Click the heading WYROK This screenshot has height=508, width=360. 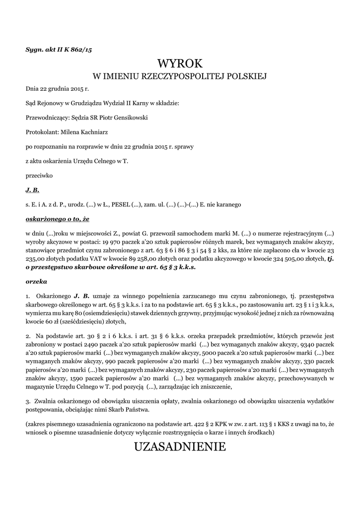coord(180,63)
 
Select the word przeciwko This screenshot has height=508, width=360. coord(39,175)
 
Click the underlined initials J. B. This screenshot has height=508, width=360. coord(32,190)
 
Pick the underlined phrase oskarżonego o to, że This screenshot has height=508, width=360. coord(58,218)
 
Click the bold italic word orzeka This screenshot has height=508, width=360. coord(36,281)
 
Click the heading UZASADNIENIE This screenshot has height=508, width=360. coord(180,447)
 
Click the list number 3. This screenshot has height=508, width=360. coord(27,401)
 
